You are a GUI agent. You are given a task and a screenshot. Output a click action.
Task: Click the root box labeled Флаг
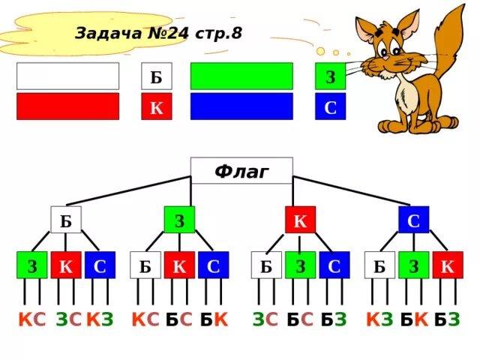pyautogui.click(x=241, y=171)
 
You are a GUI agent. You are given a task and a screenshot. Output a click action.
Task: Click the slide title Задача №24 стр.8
pyautogui.click(x=158, y=33)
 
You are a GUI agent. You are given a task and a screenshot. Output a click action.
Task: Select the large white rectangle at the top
pyautogui.click(x=67, y=76)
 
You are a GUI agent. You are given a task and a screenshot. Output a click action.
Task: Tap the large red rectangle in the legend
pyautogui.click(x=67, y=106)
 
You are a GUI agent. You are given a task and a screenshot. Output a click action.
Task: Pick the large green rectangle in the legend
pyautogui.click(x=241, y=76)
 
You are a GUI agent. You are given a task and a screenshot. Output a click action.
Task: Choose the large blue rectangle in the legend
pyautogui.click(x=241, y=106)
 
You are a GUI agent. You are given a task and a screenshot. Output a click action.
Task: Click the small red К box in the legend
pyautogui.click(x=156, y=106)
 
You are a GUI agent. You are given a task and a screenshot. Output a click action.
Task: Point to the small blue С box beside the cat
pyautogui.click(x=330, y=106)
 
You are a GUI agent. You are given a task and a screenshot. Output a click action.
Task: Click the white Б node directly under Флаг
pyautogui.click(x=65, y=220)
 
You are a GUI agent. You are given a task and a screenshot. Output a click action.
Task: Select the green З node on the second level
pyautogui.click(x=179, y=220)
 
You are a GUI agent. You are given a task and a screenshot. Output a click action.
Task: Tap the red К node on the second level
pyautogui.click(x=300, y=220)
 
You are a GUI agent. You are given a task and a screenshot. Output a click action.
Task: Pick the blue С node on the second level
pyautogui.click(x=413, y=220)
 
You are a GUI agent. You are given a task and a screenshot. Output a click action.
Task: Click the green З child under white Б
pyautogui.click(x=32, y=265)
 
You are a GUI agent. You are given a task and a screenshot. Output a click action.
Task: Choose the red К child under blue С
pyautogui.click(x=448, y=265)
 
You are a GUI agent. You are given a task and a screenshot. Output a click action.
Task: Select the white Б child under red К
pyautogui.click(x=266, y=265)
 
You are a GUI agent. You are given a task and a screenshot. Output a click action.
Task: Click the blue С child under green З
pyautogui.click(x=213, y=265)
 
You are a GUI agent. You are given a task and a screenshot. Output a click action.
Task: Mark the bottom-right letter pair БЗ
pyautogui.click(x=447, y=320)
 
